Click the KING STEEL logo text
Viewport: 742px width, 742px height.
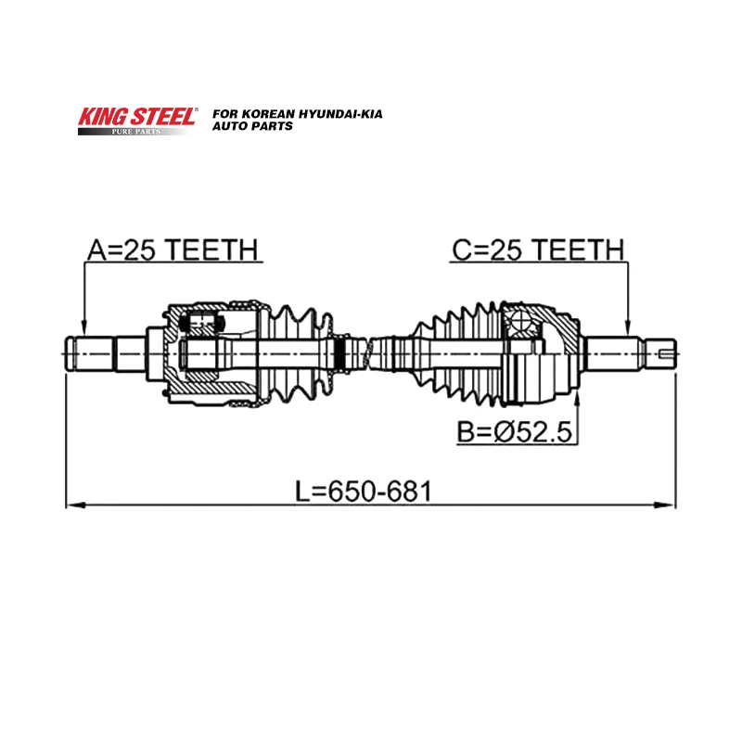tap(136, 117)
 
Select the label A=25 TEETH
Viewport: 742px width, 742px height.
tap(173, 249)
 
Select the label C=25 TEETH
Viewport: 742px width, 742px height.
tap(537, 249)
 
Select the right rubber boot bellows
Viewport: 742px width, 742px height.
tap(454, 352)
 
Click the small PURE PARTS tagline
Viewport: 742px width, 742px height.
tap(136, 132)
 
